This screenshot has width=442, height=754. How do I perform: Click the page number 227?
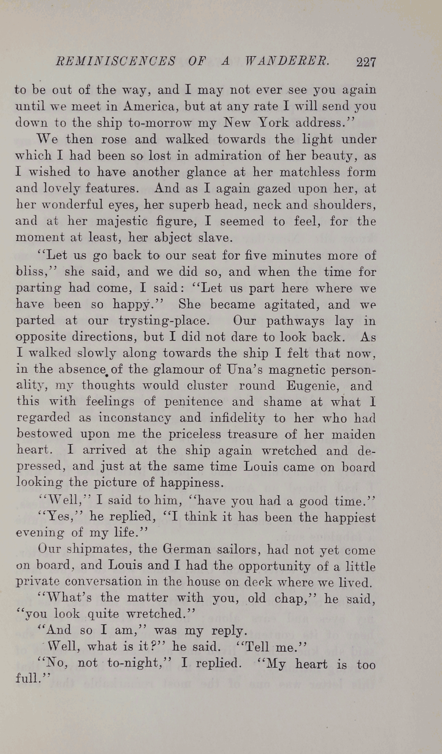(365, 62)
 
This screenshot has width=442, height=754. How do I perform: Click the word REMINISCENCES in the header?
(116, 61)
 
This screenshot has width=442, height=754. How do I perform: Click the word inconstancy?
(135, 418)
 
